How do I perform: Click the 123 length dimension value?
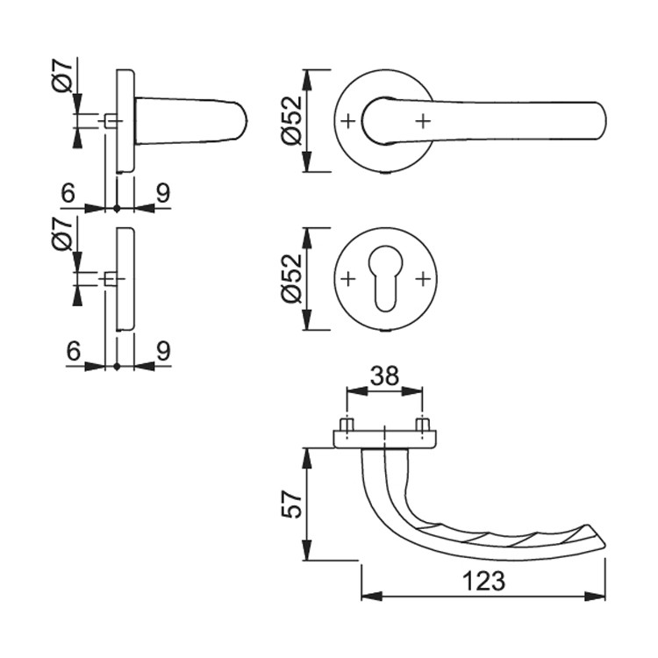coord(483,581)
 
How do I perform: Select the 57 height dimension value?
coord(291,504)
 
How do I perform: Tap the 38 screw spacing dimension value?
coord(384,376)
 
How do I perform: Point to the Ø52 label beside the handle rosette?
coord(291,120)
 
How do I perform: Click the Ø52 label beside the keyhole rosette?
coord(291,278)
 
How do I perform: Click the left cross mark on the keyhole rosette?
coord(348,279)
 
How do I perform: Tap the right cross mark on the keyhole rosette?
coord(424,279)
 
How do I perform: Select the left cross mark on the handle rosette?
coord(348,121)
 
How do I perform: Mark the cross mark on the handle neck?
coord(424,121)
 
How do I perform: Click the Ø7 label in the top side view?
coord(62,75)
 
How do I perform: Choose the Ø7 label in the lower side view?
coord(62,234)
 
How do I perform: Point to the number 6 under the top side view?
coord(68,194)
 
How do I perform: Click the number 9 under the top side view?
coord(163,194)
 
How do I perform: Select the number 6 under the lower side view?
coord(74,351)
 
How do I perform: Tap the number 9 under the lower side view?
coord(163,351)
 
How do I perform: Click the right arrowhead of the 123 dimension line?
coord(595,597)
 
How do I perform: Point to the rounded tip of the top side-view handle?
coord(246,121)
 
